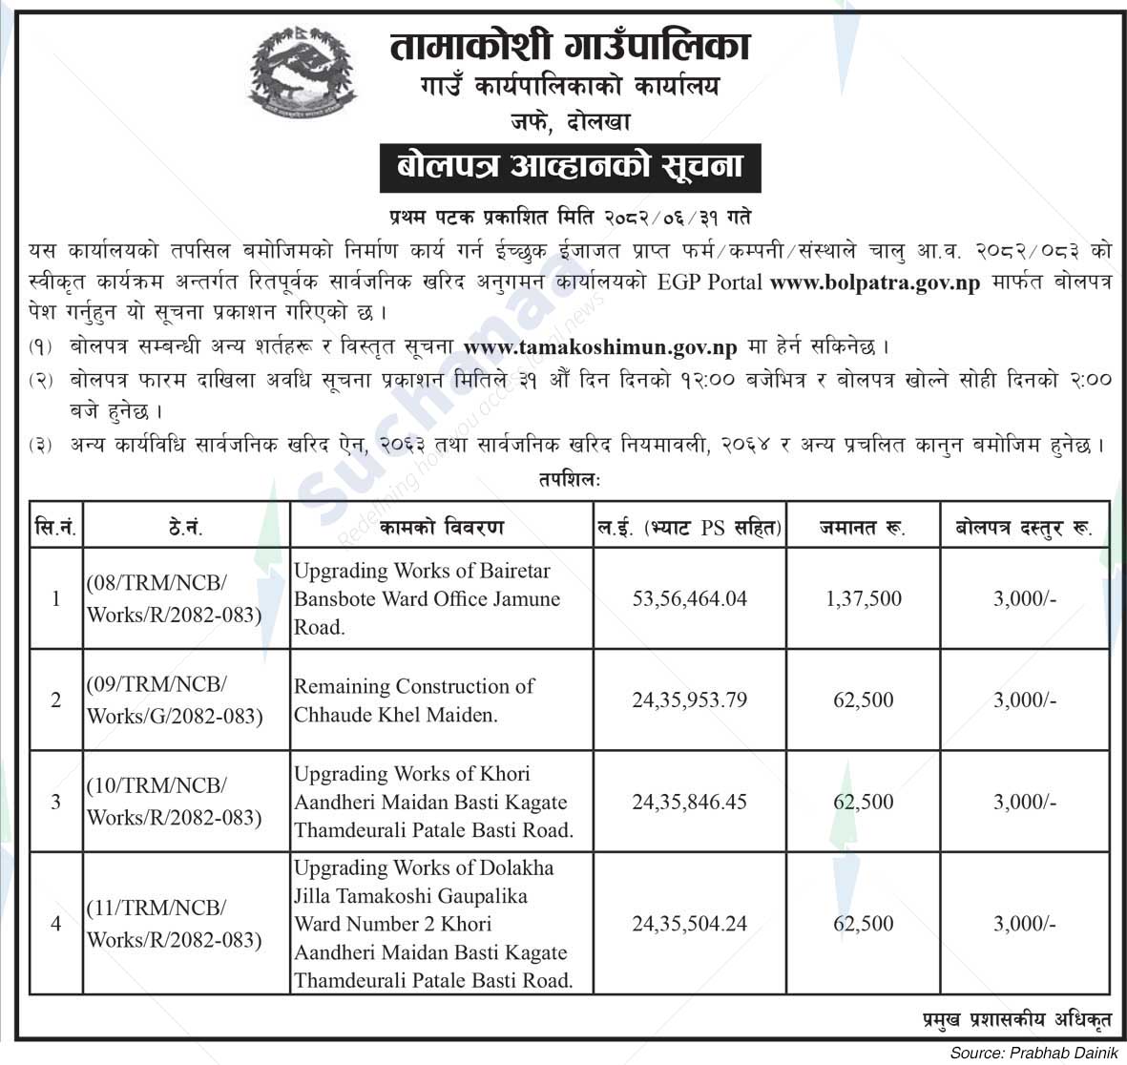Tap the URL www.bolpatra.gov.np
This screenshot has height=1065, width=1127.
click(874, 282)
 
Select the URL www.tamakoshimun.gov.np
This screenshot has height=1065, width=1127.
click(599, 346)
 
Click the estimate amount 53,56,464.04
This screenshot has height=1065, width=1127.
click(689, 598)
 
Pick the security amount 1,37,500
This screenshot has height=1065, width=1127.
click(863, 598)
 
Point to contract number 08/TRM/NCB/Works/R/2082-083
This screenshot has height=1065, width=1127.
click(173, 598)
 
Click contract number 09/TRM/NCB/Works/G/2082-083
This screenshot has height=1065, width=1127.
click(173, 700)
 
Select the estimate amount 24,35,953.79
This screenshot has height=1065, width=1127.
click(689, 700)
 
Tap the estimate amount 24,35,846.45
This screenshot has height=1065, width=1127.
click(689, 802)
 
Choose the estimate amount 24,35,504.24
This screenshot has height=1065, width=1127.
click(689, 924)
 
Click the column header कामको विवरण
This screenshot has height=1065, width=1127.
click(441, 527)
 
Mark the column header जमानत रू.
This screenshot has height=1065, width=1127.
click(863, 527)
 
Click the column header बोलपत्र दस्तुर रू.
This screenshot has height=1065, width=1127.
click(1024, 527)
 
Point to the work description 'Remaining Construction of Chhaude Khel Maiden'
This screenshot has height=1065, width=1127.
click(414, 700)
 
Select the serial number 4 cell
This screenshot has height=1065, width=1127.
click(56, 924)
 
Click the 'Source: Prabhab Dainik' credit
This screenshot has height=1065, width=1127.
click(1033, 1053)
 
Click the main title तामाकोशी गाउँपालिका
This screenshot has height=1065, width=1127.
click(569, 47)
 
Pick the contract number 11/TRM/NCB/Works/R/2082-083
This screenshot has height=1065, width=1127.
click(173, 924)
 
